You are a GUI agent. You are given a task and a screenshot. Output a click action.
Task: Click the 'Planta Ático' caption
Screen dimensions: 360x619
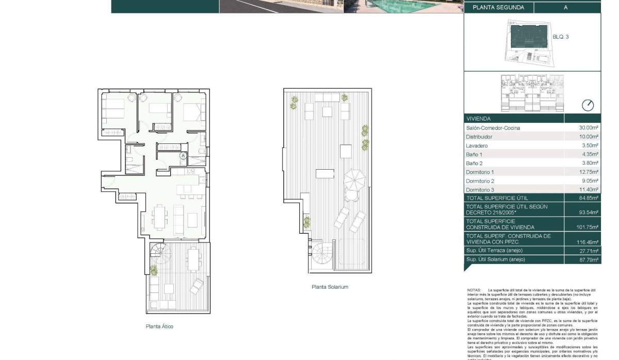point(159,326)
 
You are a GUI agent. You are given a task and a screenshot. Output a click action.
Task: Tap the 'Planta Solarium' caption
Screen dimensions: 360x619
point(330,287)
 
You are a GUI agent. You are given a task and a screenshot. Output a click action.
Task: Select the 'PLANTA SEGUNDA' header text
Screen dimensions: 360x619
point(495,7)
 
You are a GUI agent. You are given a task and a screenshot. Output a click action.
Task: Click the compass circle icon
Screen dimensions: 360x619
point(588,105)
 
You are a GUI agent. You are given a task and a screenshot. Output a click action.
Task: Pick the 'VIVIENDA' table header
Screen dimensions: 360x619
point(479,118)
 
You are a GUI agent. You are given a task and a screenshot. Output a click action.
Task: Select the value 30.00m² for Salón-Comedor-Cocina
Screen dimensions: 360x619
point(588,128)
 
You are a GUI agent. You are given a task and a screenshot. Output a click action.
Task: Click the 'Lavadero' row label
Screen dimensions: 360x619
point(477,146)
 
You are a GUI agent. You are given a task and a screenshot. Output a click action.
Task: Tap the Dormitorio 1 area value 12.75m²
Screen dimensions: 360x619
point(588,172)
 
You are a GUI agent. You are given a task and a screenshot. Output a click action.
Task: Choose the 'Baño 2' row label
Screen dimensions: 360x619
point(474,163)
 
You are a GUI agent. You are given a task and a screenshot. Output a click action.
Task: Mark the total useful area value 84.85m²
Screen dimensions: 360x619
point(588,198)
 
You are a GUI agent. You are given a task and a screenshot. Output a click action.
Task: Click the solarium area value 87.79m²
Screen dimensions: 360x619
point(588,260)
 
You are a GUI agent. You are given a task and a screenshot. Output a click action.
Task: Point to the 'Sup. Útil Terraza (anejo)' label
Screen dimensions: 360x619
point(495,251)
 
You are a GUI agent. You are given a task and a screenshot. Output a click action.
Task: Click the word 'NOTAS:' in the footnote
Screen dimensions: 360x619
point(474,290)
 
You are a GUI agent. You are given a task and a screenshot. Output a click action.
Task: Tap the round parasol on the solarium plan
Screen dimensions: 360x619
point(354,179)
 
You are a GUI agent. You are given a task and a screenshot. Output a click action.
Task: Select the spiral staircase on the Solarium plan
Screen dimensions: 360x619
point(323,255)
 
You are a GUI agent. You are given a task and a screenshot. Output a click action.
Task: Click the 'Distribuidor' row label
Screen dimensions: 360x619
point(479,137)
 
